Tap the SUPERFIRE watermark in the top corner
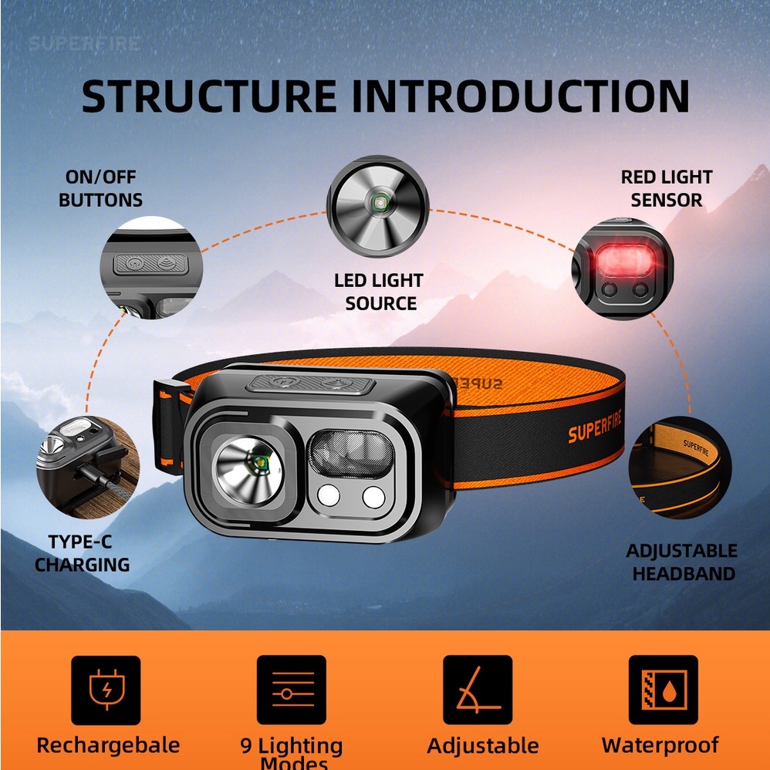[x=85, y=42]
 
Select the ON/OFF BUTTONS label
[x=100, y=188]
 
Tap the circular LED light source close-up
[x=377, y=205]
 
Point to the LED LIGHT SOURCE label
[x=379, y=292]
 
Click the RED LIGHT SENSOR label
[x=667, y=188]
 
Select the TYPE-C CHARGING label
[x=82, y=553]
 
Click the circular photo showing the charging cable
[x=87, y=466]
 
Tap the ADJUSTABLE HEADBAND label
[x=681, y=562]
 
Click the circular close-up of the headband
[x=679, y=468]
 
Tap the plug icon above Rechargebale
[x=106, y=690]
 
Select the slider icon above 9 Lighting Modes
[x=292, y=690]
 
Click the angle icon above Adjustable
[x=478, y=690]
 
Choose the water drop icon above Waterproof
[x=663, y=690]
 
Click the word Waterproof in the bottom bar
[x=660, y=745]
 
